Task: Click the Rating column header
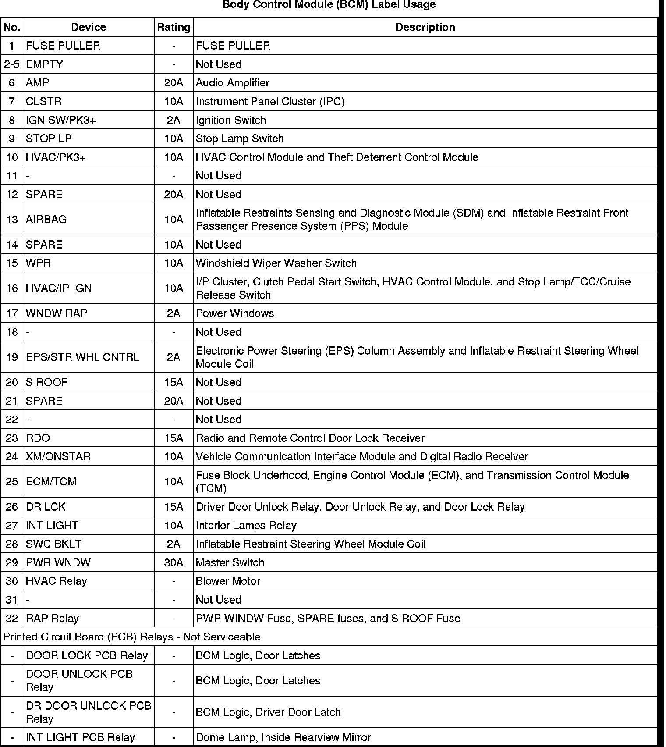coord(174,27)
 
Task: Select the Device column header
coord(89,27)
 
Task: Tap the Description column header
coord(425,27)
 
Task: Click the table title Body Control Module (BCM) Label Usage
coord(329,5)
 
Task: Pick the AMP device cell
coord(38,83)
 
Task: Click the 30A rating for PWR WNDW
coord(174,562)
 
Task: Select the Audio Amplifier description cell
coord(233,83)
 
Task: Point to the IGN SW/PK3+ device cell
coord(60,120)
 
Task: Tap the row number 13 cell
coord(12,219)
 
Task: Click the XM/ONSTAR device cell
coord(58,456)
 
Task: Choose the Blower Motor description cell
coord(228,581)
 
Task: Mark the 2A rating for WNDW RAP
coord(174,313)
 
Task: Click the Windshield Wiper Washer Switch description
coord(276,263)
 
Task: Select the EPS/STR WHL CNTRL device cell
coord(82,357)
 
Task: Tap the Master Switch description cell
coord(230,562)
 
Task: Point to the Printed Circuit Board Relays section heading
coord(132,637)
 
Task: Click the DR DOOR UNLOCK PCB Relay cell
coord(88,712)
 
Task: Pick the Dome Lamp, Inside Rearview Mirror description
coord(283,738)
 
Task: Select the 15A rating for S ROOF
coord(174,382)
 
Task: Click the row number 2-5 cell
coord(12,64)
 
